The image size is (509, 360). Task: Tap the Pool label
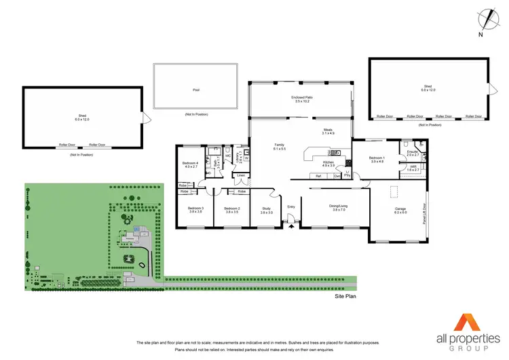click(x=196, y=88)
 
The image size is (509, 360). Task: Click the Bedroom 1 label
click(x=377, y=159)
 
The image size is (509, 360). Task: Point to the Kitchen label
click(x=328, y=163)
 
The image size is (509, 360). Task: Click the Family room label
click(x=279, y=146)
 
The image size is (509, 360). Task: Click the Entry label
click(x=291, y=206)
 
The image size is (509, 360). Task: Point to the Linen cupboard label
click(x=240, y=175)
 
